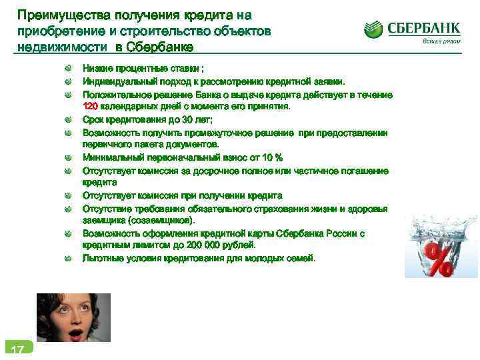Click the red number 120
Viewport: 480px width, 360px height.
tap(90, 107)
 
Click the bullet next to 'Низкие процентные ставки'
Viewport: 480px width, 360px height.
tap(69, 69)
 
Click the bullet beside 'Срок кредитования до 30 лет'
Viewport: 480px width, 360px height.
tap(69, 119)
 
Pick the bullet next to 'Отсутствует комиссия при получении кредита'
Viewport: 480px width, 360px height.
tap(69, 196)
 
